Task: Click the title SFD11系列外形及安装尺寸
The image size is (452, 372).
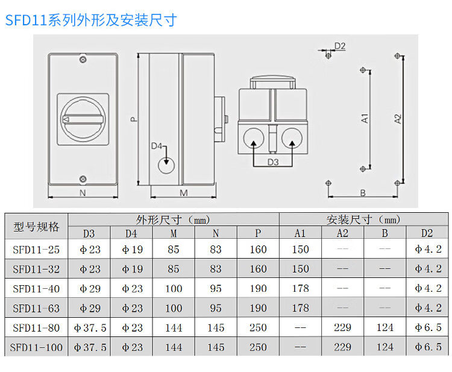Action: tap(91, 20)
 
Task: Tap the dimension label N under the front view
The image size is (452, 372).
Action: tap(82, 193)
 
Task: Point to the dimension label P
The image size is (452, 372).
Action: tap(134, 119)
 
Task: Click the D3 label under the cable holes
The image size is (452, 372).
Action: tap(272, 162)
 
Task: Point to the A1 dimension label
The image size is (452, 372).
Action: tap(365, 119)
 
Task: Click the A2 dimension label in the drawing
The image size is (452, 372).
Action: tap(398, 119)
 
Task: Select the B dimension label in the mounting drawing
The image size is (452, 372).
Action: tap(363, 193)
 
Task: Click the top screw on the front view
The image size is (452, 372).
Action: tap(83, 60)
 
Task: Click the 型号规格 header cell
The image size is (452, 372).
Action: tap(36, 227)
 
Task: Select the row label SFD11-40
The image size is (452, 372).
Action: tap(36, 288)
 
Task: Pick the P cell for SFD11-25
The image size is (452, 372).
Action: tap(258, 249)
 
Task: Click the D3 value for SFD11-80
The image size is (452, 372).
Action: tap(89, 327)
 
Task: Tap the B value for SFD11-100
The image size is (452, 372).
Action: tap(385, 347)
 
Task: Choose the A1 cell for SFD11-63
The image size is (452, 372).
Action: tap(300, 307)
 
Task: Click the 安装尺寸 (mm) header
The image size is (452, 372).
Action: tap(363, 219)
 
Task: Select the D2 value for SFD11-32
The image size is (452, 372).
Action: tap(428, 268)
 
